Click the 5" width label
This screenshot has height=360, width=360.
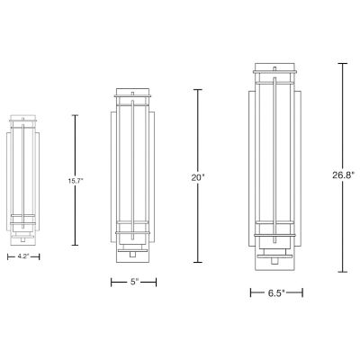point(135,282)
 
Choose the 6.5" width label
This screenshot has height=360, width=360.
point(276,292)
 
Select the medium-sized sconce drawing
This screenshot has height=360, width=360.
point(135,175)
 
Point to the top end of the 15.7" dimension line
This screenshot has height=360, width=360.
point(75,114)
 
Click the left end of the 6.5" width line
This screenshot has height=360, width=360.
point(250,292)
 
